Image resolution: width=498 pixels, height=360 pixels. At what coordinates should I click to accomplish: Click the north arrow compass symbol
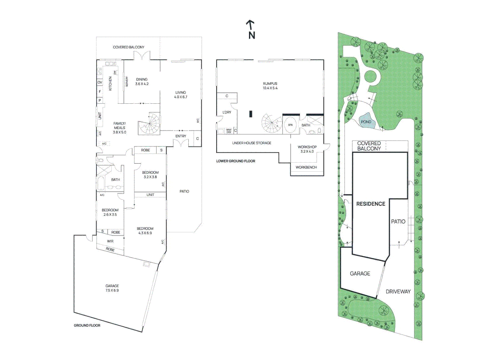251,29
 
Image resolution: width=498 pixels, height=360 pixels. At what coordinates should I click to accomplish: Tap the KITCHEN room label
110,83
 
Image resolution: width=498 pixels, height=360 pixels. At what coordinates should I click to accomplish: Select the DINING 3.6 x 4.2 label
142,82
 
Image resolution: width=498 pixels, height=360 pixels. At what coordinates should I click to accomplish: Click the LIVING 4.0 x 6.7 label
181,95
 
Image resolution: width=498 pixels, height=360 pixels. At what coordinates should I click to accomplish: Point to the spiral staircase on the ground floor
149,124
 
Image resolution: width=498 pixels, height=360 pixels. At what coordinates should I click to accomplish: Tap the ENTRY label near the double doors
181,136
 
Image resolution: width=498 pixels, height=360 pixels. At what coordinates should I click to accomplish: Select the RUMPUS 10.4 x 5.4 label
270,86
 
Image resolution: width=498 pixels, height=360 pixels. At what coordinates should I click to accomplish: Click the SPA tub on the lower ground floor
291,125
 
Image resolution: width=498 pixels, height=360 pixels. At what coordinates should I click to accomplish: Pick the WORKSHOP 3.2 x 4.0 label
307,149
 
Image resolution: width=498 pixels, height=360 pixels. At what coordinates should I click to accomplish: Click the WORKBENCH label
306,167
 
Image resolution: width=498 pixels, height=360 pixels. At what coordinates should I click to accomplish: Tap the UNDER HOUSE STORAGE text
252,143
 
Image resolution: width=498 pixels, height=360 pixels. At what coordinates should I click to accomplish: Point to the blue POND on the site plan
366,122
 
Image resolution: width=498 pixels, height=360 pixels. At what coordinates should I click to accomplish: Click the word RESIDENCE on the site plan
371,204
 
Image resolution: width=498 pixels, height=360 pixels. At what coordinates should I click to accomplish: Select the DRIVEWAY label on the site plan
398,292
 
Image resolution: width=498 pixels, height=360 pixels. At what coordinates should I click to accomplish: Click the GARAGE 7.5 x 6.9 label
112,288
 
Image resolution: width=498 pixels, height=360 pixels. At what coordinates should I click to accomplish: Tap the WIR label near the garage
110,241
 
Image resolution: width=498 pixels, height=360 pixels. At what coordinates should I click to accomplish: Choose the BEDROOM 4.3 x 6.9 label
145,231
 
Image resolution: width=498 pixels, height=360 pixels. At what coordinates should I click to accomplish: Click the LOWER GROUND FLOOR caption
236,161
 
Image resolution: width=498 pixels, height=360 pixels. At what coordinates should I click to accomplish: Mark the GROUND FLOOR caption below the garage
87,325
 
